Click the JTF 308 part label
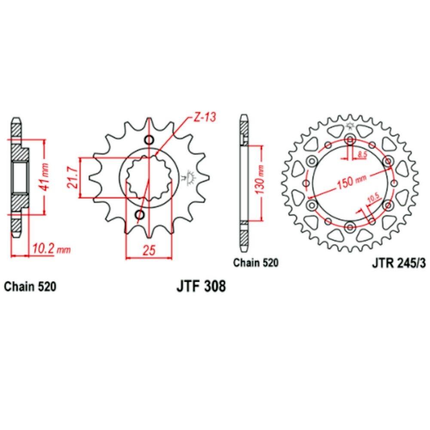coord(200,286)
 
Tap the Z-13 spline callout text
coord(204,117)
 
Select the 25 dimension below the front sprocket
coord(149,251)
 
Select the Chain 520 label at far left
coord(30,286)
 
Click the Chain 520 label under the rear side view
coord(256,262)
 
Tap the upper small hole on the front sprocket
coord(149,140)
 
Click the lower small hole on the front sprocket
coord(139,215)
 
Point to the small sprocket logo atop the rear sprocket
coord(350,126)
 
